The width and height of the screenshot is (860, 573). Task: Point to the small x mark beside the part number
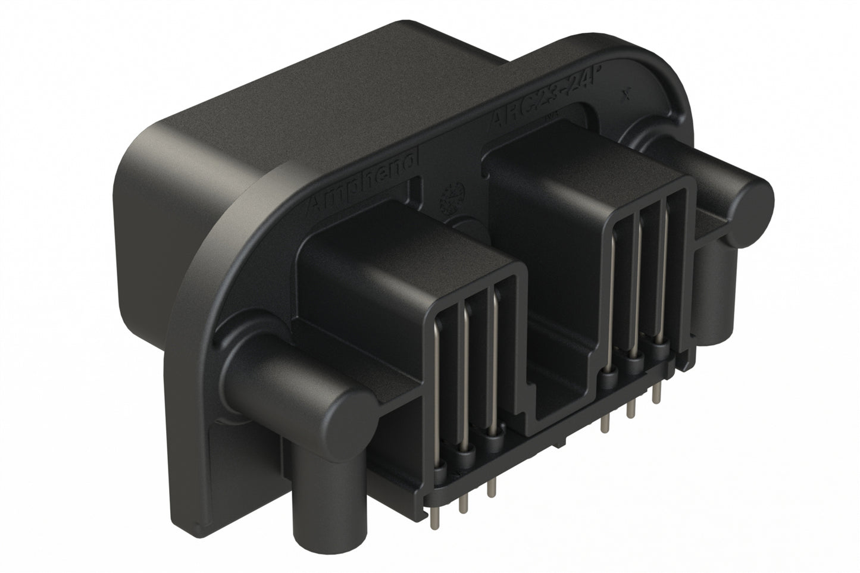pos(624,94)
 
